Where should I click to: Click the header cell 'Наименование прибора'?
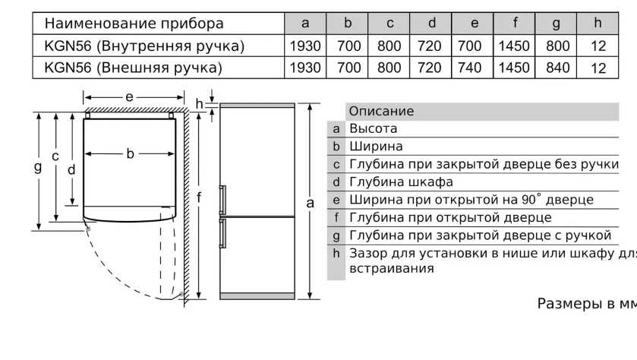point(134,24)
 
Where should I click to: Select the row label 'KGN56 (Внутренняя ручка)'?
point(144,46)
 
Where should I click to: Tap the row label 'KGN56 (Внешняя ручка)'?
point(133,68)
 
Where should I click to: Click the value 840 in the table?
point(557,68)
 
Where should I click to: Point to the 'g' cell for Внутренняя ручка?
point(557,46)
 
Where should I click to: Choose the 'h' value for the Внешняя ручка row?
point(598,68)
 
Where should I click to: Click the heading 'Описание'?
point(381,111)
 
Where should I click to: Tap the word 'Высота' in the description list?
point(373,128)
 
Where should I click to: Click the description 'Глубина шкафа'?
point(401,182)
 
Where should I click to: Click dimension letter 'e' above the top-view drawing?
point(130,97)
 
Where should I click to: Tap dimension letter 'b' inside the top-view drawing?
point(130,154)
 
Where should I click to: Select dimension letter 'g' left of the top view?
point(37,167)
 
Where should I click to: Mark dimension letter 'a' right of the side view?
point(310,202)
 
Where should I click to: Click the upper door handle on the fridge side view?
point(222,199)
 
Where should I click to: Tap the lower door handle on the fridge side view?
point(222,232)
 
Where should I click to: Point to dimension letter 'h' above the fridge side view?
point(199,103)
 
